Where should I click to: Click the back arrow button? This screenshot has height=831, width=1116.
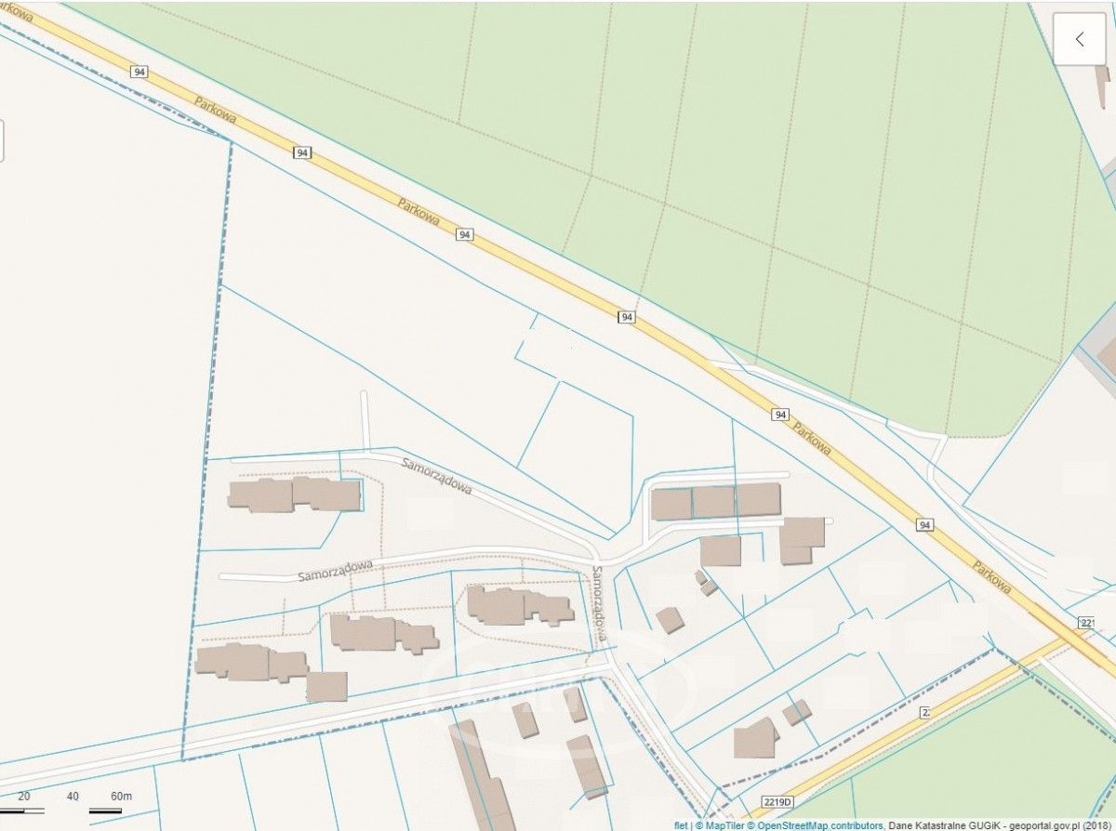(1079, 39)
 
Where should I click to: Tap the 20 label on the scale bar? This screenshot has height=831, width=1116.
(24, 797)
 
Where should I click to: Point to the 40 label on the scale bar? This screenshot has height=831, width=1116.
(73, 797)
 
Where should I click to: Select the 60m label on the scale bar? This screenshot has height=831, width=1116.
(121, 797)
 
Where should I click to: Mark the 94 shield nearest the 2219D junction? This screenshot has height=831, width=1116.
(923, 525)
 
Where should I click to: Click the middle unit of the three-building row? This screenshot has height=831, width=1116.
(713, 502)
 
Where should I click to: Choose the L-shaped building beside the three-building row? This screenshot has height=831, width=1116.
(801, 538)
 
